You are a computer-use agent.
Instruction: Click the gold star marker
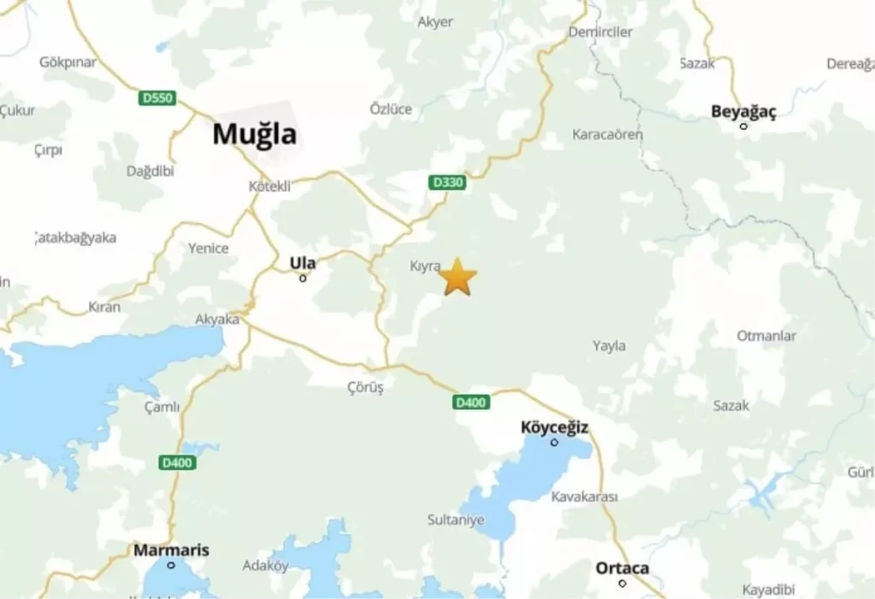458,277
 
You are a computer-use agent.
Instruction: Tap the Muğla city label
255,134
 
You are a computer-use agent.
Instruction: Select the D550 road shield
157,98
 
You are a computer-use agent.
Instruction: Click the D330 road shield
447,183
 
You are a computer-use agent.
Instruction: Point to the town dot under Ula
302,278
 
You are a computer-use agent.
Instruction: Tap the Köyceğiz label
555,427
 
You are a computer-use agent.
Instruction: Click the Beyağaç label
743,111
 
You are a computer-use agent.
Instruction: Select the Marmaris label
171,550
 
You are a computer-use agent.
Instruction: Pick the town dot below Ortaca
622,584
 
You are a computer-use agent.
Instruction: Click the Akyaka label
217,320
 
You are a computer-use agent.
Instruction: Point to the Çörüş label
366,387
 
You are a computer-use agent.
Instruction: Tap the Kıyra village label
425,267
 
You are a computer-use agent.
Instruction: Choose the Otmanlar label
766,336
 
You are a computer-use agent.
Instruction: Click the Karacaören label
608,134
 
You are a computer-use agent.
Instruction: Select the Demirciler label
601,32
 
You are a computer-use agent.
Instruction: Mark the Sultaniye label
455,520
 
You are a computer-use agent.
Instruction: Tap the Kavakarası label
584,496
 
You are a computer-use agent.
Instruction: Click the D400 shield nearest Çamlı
178,462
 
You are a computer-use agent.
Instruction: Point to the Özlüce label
391,109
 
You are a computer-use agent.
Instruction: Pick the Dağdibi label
150,171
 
